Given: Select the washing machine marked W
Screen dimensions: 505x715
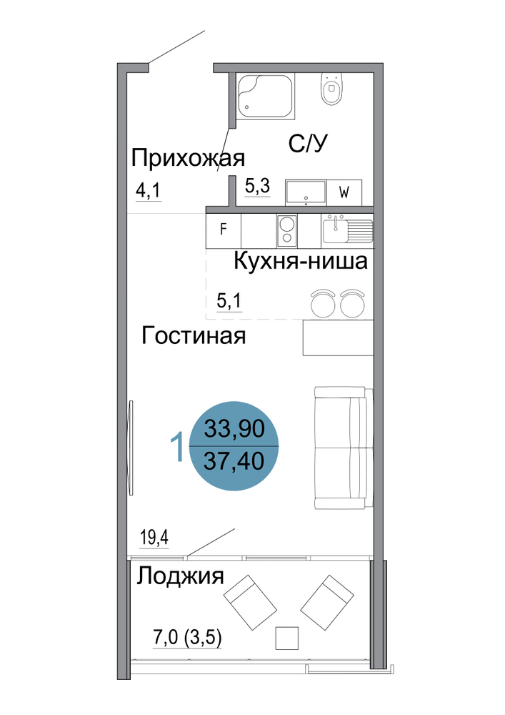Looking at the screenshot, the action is tap(344, 192).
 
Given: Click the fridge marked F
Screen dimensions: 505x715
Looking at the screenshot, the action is tap(223, 230).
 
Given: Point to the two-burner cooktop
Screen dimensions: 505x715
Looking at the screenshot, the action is tap(287, 231).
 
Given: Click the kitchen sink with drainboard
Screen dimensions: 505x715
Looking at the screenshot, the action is tap(347, 230).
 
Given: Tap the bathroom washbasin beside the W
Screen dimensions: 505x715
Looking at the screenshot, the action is tap(306, 192).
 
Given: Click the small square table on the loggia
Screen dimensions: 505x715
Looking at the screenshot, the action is tap(287, 638).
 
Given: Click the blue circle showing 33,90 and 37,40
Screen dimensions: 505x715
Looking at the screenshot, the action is tap(234, 445).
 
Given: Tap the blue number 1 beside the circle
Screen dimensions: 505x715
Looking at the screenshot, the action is tap(177, 447).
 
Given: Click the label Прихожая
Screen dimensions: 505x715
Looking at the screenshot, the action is tap(188, 159).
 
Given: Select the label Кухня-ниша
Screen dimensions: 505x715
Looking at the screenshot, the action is tap(301, 262).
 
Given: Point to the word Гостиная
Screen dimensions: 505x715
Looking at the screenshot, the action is tap(194, 336).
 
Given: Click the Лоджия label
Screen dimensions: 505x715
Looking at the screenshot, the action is tap(180, 576).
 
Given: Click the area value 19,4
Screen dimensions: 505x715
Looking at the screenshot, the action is tap(154, 538).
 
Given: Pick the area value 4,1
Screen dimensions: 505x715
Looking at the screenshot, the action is tap(149, 190).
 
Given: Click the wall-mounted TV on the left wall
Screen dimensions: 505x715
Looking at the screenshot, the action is tap(131, 448).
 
